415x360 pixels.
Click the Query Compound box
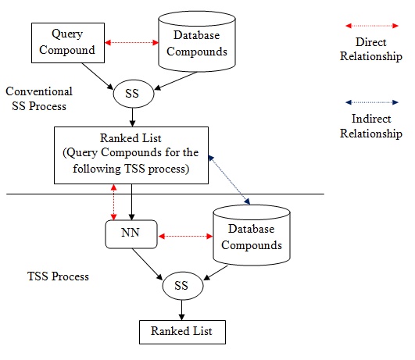68,43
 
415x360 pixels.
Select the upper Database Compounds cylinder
197,41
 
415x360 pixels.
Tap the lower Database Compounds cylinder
252,235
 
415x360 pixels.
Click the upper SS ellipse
134,94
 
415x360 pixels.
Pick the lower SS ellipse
183,286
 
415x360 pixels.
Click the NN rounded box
131,234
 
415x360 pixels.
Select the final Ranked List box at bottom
182,332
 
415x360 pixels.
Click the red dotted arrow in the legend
372,26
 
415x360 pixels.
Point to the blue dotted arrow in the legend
372,102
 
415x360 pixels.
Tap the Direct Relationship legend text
371,49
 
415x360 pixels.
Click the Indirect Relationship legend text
371,126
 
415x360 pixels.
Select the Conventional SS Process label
39,98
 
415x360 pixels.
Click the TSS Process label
59,276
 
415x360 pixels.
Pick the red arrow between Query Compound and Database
131,42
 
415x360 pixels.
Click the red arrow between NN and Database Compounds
185,236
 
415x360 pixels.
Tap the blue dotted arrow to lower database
229,180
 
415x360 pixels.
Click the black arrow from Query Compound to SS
98,77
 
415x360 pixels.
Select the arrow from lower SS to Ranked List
181,310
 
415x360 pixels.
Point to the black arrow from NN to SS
147,264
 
